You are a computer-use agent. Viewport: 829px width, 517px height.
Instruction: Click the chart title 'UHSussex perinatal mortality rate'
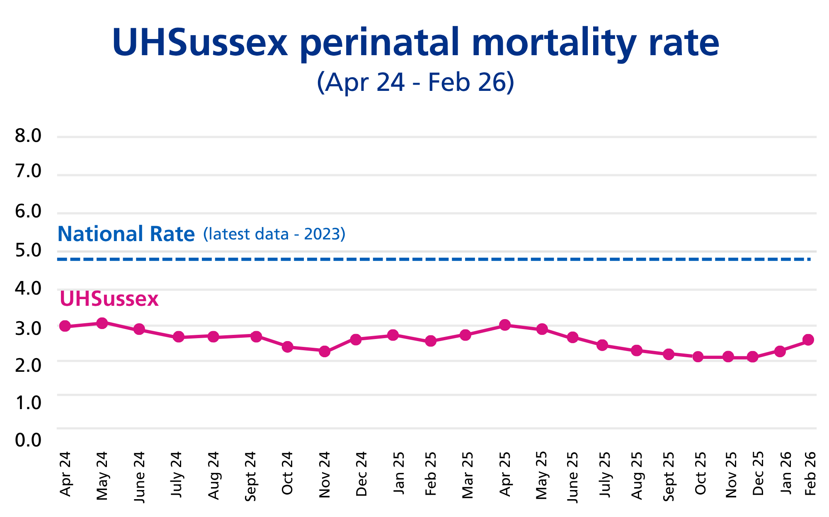(415, 43)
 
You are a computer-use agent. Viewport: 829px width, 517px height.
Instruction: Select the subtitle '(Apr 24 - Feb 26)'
(415, 82)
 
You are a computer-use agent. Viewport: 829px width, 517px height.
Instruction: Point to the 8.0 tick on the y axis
(28, 136)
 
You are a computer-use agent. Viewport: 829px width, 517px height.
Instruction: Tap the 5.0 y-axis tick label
(28, 250)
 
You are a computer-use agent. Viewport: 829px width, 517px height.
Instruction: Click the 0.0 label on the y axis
(28, 440)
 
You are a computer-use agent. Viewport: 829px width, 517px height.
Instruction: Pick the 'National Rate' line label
(126, 234)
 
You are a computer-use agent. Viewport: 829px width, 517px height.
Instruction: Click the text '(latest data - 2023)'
(274, 234)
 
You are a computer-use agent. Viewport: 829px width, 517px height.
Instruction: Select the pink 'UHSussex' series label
(109, 299)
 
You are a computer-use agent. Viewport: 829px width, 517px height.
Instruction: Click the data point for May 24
(102, 323)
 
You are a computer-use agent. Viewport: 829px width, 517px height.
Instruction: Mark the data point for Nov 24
(325, 351)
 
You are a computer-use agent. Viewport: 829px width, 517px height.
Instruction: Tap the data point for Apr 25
(505, 325)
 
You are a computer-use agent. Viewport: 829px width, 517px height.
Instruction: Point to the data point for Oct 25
(698, 357)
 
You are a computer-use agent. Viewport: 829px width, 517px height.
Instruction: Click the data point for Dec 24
(356, 339)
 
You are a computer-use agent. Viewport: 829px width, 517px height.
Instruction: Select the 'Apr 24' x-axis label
(65, 473)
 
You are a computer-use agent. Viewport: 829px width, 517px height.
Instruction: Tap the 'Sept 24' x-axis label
(250, 476)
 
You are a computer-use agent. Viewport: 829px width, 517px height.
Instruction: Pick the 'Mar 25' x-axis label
(467, 474)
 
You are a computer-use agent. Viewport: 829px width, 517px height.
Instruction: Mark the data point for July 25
(602, 345)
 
